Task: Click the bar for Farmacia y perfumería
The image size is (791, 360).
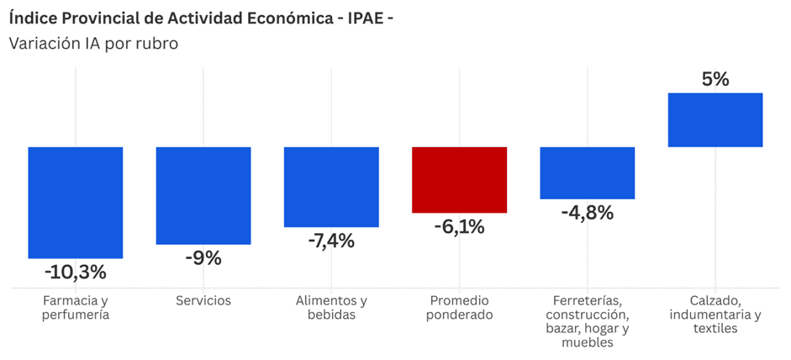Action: click(75, 203)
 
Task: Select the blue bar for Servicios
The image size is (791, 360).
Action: click(203, 195)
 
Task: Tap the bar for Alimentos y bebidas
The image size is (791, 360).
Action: click(331, 187)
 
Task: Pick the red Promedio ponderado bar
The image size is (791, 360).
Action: click(460, 180)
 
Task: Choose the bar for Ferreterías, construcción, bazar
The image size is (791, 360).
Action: click(588, 172)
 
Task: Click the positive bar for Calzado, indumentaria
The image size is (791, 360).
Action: click(715, 119)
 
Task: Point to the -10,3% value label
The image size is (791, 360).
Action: click(75, 273)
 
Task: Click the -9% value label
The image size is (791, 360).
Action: click(203, 258)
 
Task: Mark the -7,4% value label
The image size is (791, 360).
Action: click(331, 241)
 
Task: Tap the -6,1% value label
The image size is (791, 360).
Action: click(460, 227)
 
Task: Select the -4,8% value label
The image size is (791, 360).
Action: click(588, 213)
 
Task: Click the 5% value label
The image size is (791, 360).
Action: click(715, 79)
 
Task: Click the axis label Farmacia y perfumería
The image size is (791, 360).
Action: click(75, 308)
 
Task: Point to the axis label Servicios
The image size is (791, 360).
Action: click(203, 301)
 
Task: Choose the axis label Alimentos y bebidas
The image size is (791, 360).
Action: click(331, 308)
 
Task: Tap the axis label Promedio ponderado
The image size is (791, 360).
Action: click(460, 308)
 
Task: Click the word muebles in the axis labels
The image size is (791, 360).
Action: click(588, 343)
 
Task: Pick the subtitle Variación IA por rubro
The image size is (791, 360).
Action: click(94, 44)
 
